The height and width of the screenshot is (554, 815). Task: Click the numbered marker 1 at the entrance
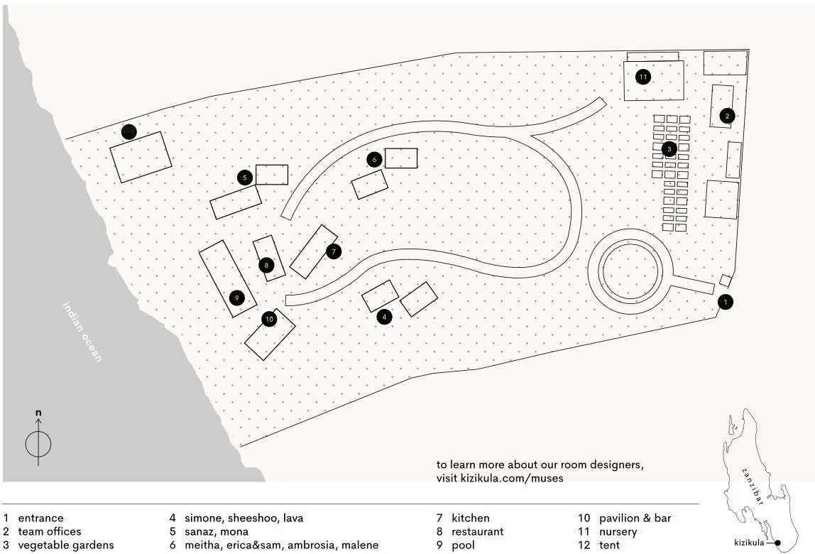tap(725, 302)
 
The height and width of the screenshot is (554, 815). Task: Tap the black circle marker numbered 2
tap(726, 115)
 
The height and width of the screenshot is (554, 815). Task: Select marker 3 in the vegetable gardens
tap(669, 149)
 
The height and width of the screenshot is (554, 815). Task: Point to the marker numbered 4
tap(384, 317)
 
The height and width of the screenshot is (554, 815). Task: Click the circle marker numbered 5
tap(245, 177)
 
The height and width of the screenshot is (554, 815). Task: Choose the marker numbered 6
tap(374, 160)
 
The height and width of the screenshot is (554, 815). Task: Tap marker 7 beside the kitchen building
tap(334, 251)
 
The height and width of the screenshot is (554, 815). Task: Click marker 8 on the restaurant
tap(266, 265)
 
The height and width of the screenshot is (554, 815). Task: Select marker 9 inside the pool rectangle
tap(236, 297)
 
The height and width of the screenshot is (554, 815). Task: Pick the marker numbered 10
tap(269, 320)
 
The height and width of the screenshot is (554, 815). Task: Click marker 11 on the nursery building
tap(643, 77)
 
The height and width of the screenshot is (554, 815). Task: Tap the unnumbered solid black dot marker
tap(128, 131)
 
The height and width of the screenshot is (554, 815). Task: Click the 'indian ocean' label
tap(82, 332)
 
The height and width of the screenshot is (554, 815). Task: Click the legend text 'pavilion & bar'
tap(635, 518)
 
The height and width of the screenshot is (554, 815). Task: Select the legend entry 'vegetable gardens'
tap(66, 545)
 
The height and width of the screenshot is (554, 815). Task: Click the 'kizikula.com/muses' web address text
tap(500, 478)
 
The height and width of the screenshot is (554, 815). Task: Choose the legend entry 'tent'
tap(609, 545)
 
